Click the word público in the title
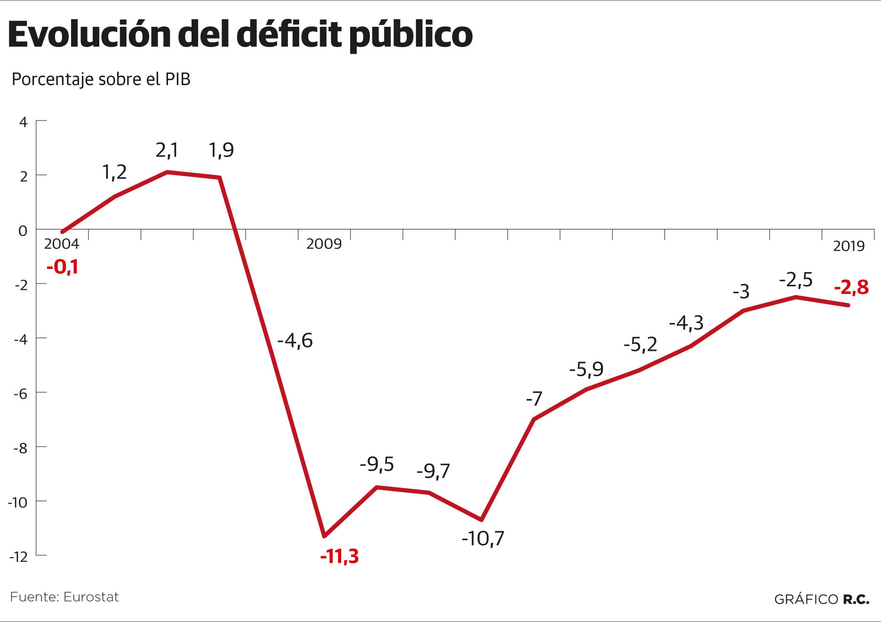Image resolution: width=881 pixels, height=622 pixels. click(x=411, y=35)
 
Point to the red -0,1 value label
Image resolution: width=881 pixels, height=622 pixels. click(x=62, y=267)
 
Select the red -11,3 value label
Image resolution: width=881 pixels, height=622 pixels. click(x=339, y=557)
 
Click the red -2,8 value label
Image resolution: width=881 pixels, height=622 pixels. click(x=851, y=287)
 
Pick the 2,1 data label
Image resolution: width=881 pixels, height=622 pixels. click(x=167, y=150)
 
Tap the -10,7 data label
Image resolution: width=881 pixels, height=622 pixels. click(x=483, y=539)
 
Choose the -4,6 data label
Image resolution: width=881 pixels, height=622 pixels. click(x=295, y=341)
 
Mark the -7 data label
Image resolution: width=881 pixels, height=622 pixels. click(x=534, y=399)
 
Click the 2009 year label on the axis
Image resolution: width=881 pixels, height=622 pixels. click(x=324, y=244)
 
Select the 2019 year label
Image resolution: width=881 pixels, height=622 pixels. click(x=849, y=246)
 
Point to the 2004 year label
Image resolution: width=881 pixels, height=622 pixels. click(x=62, y=244)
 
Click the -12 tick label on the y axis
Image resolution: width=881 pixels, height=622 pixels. click(x=19, y=557)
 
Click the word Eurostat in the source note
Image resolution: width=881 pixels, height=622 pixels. click(x=91, y=597)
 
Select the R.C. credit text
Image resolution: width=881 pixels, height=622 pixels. click(x=856, y=599)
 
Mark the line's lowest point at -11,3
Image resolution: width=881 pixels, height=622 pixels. click(x=324, y=536)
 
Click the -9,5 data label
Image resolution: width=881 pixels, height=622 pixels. click(x=377, y=465)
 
